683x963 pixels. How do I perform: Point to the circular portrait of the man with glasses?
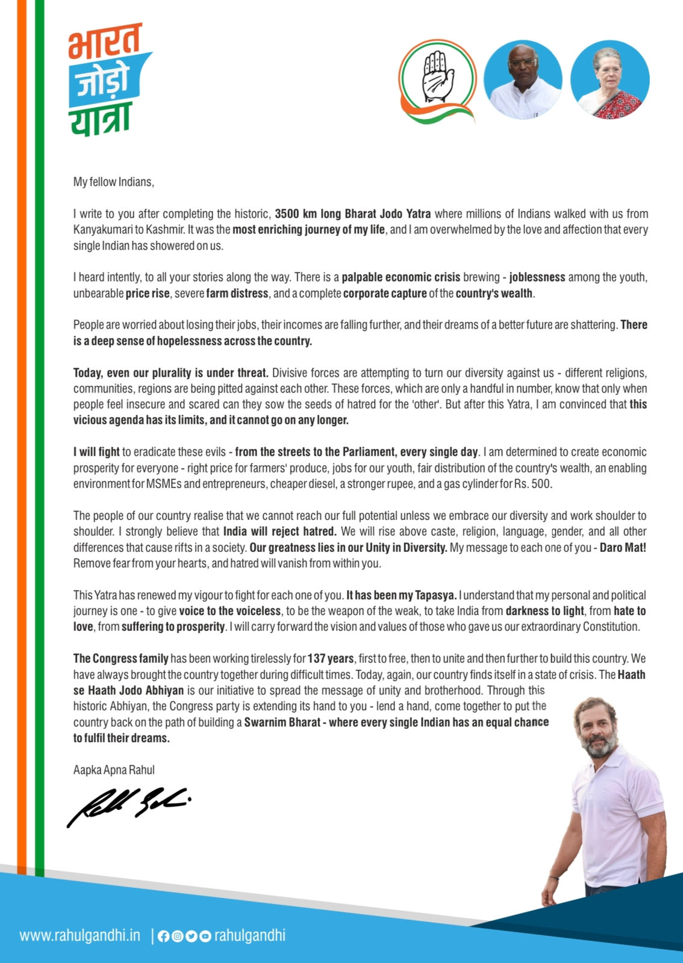tap(523, 79)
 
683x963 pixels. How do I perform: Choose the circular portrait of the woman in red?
tap(610, 79)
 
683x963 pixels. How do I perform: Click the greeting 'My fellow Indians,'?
tap(114, 182)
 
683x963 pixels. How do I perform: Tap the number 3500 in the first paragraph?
tap(287, 214)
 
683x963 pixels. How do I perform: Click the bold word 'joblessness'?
tap(537, 277)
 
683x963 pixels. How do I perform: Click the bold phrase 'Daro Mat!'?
tap(623, 548)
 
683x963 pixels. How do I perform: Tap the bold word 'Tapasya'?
tap(435, 595)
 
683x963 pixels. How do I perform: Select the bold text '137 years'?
tap(331, 658)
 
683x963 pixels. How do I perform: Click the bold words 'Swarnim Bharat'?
tap(282, 722)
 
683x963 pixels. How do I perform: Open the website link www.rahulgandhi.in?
tap(80, 935)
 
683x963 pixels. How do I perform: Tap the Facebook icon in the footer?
tap(163, 936)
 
